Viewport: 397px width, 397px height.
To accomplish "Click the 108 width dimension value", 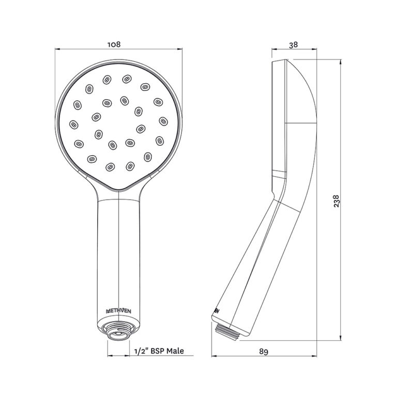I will point(114,44).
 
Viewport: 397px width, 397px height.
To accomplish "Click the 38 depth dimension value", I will point(293,45).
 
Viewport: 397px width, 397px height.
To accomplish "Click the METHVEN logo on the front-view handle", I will point(118,311).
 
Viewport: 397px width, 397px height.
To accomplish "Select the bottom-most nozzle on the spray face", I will point(110,166).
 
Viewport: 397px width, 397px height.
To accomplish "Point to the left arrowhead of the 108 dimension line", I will point(57,50).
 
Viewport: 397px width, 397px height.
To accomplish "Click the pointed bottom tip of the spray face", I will point(119,190).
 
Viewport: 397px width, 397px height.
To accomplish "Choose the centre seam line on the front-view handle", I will point(119,248).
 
